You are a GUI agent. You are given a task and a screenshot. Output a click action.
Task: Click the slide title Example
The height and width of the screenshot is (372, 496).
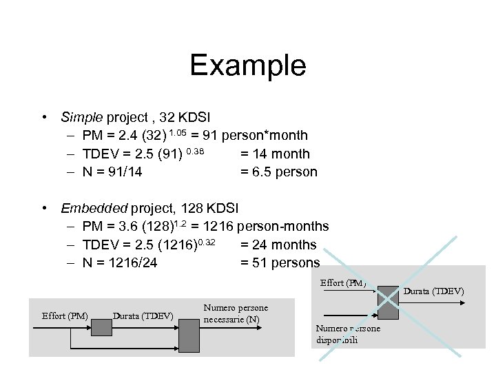(247, 65)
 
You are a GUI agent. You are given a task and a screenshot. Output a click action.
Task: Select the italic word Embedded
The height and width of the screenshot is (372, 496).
(90, 207)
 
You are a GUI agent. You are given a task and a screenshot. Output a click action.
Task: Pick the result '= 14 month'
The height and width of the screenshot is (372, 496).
(275, 154)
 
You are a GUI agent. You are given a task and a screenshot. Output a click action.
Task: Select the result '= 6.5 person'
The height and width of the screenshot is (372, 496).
(278, 172)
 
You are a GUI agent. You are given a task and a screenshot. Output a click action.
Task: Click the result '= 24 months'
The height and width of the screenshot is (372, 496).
(278, 245)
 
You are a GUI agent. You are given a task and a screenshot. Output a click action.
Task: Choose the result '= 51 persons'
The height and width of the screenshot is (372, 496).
(280, 262)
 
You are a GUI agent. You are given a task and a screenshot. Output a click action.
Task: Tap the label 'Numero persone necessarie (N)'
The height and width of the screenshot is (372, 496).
(236, 313)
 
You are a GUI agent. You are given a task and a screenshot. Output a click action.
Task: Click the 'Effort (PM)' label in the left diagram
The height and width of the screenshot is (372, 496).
(65, 316)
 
